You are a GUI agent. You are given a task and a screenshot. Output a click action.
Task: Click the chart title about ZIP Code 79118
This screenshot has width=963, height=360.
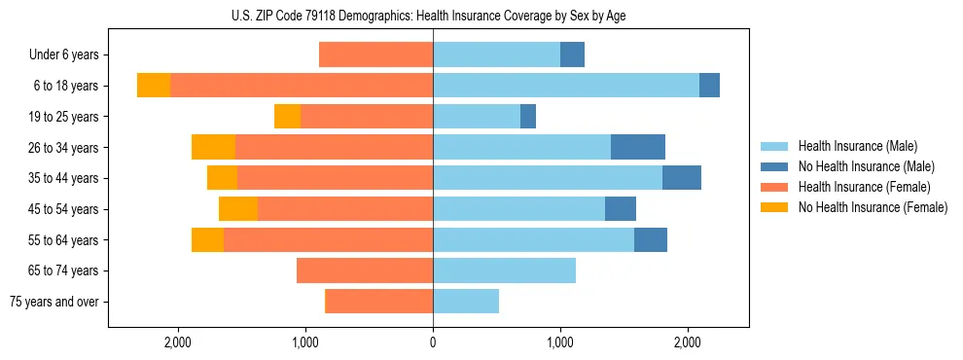click(x=433, y=16)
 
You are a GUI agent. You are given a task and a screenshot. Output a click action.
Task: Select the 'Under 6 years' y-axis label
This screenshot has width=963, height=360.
click(x=70, y=55)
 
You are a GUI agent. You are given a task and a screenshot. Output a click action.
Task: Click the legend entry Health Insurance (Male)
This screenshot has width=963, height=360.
click(x=856, y=146)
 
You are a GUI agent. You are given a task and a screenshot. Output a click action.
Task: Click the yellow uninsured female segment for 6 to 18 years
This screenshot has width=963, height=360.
click(x=154, y=86)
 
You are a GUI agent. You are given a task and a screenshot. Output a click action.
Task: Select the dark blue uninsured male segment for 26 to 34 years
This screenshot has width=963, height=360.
click(x=638, y=147)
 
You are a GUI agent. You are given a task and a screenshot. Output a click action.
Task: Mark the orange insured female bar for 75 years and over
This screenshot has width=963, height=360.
click(x=378, y=302)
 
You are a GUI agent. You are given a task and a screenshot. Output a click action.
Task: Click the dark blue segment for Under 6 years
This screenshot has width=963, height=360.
click(x=572, y=55)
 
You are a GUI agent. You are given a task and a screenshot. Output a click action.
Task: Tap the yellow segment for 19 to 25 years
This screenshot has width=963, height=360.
click(x=287, y=117)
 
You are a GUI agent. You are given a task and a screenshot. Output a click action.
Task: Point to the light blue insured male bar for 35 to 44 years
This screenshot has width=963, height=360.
click(x=548, y=178)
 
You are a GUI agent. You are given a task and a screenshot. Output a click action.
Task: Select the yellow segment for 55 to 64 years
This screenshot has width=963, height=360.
click(x=207, y=239)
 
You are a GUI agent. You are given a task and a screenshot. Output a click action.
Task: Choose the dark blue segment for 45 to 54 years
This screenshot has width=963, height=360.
click(x=621, y=209)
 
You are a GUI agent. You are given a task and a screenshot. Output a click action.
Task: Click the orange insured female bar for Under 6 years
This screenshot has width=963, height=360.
click(x=375, y=55)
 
